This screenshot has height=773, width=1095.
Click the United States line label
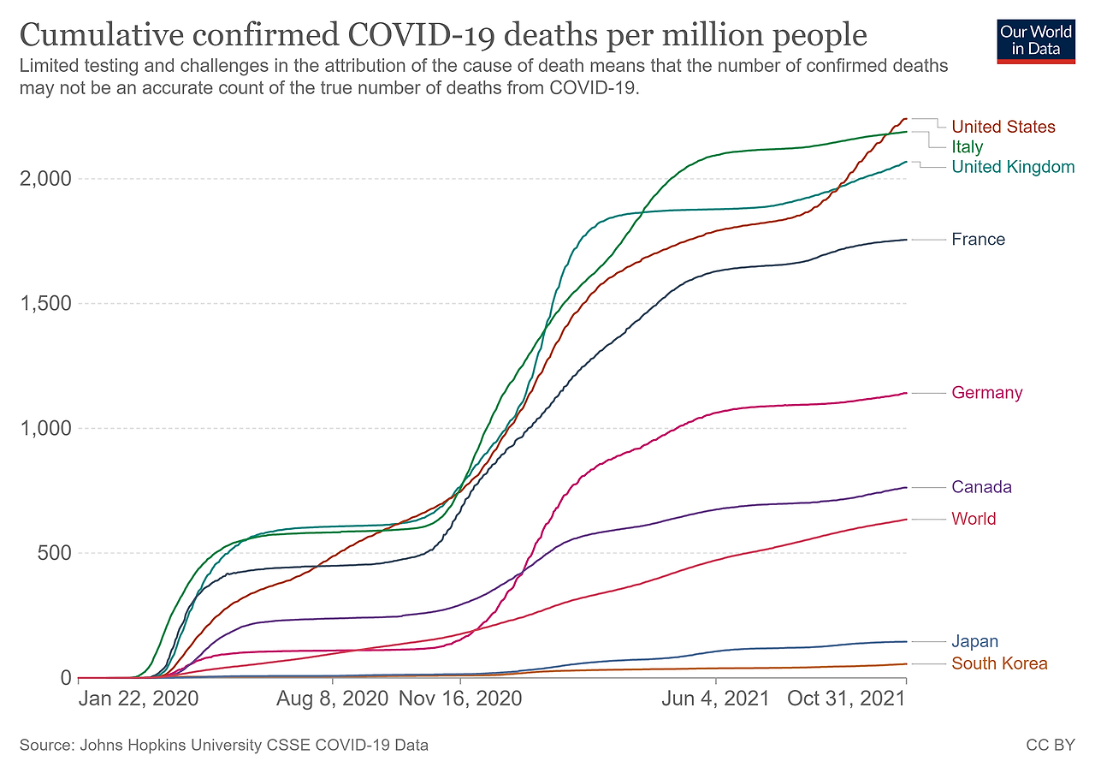tap(1003, 127)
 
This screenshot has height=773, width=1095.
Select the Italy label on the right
tap(968, 146)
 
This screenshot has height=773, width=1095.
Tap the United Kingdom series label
tap(1013, 167)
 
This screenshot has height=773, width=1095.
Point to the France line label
tap(978, 240)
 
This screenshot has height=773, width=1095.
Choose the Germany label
tap(986, 393)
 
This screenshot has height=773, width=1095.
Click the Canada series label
tap(981, 487)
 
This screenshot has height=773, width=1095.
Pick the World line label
tap(974, 519)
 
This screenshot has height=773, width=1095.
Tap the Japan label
tap(974, 641)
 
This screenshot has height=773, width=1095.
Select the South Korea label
tap(999, 663)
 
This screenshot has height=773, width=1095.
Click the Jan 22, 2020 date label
tap(139, 699)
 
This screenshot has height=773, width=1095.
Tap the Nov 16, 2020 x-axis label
tap(460, 699)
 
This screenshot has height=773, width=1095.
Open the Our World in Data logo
tap(1036, 40)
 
